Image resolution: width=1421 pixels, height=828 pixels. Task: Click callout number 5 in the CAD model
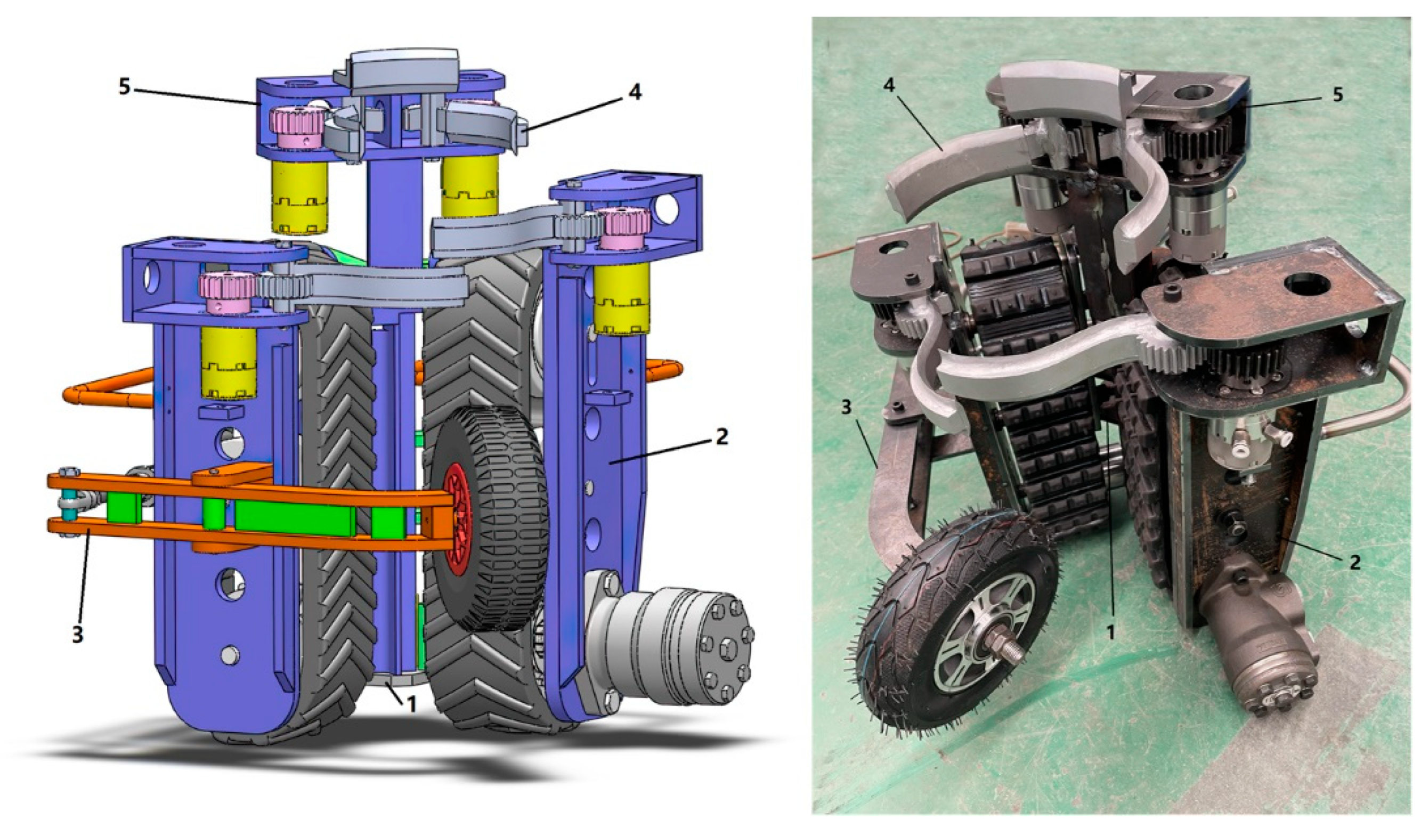125,86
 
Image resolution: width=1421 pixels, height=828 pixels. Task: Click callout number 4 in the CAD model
635,93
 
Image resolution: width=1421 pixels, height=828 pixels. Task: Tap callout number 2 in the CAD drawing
722,436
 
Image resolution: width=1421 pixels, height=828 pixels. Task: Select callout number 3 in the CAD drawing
77,634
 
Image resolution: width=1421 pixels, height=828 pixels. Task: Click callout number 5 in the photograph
1337,94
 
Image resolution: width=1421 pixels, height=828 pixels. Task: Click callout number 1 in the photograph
1111,633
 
